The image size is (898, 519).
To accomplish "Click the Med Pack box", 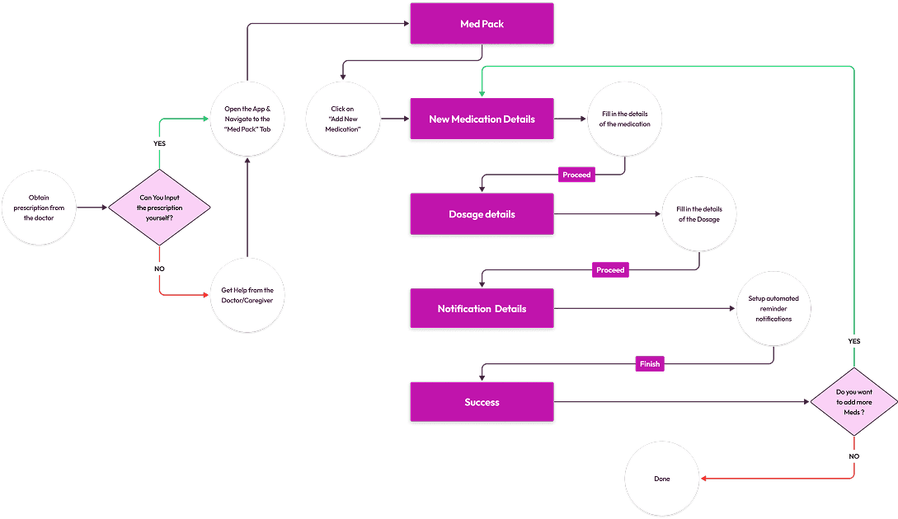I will (x=482, y=24).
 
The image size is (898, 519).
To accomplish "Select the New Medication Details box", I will (x=482, y=119).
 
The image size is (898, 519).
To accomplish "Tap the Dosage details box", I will (x=482, y=214).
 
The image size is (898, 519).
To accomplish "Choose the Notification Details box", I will (x=482, y=309).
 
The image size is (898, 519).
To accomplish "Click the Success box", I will (x=482, y=403).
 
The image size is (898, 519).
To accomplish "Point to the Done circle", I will (x=661, y=479).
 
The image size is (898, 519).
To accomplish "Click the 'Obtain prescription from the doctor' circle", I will (x=39, y=208).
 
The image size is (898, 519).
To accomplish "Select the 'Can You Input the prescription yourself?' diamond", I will (x=160, y=208).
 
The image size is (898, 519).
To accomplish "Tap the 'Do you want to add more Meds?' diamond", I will (x=853, y=402).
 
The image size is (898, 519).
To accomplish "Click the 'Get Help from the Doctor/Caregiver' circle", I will (x=247, y=296).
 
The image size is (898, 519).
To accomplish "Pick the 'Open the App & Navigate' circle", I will (x=247, y=119).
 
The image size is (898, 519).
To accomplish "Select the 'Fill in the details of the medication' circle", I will (x=625, y=119).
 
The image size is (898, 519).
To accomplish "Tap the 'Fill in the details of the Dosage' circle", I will (x=699, y=214).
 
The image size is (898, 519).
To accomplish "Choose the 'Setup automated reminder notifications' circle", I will (x=773, y=309).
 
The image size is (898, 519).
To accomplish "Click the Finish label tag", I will (x=649, y=363).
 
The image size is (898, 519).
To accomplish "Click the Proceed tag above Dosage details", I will (x=576, y=175).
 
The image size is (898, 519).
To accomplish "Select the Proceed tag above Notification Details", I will (x=610, y=269).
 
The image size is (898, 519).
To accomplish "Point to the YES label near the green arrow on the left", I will (x=159, y=143).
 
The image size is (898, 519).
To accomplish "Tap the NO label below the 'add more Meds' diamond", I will (x=853, y=456).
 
